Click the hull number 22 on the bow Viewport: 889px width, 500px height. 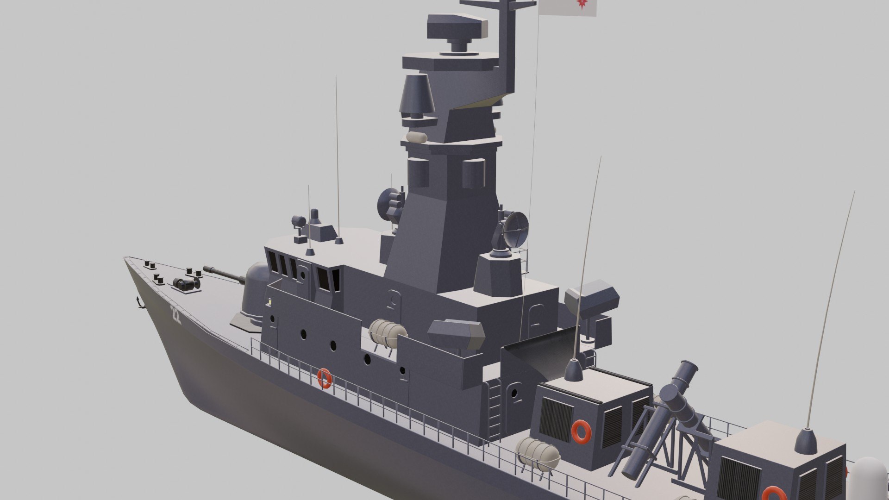pos(175,314)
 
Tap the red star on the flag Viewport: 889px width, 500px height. pos(581,4)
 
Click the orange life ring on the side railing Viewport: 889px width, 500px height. pos(324,378)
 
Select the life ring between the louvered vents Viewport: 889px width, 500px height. pos(581,431)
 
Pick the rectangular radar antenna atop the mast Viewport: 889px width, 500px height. pos(457,27)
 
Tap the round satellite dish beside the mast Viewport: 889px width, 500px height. pos(515,229)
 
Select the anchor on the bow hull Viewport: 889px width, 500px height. pos(138,302)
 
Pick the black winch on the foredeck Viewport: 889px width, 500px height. pos(186,284)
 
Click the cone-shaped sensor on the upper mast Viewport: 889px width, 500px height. pos(416,95)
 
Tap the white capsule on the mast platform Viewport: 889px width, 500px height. pos(417,137)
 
